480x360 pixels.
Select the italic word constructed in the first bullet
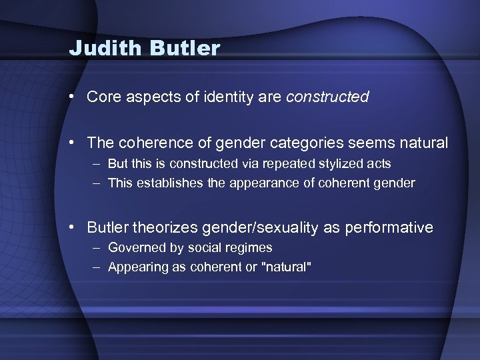pos(327,97)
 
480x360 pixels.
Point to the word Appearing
pos(135,267)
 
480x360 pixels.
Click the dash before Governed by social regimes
pos(97,247)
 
